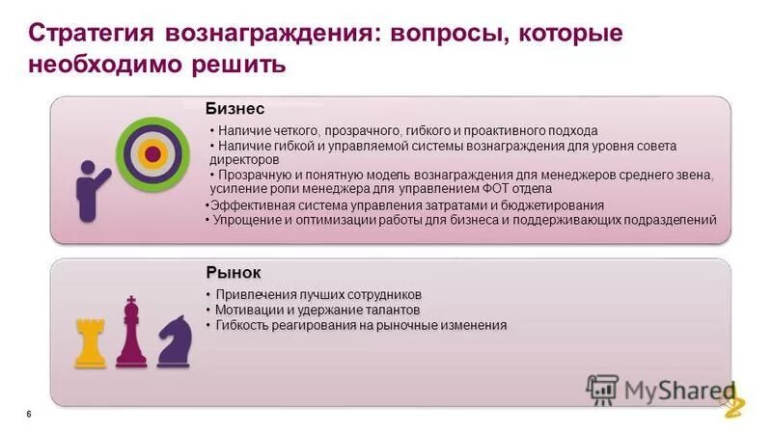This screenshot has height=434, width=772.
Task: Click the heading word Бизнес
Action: click(234, 108)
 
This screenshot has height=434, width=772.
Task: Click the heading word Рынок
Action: click(233, 272)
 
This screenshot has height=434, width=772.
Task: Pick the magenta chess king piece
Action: click(130, 334)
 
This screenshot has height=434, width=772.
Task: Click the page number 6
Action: click(29, 414)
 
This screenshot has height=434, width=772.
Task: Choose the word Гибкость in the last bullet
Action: click(244, 325)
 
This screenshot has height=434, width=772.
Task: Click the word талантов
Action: click(391, 310)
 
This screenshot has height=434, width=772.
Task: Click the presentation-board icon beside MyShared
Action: click(603, 389)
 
